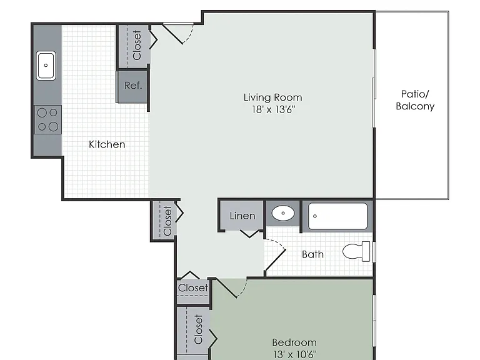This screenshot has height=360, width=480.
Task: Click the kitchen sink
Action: pos(46,66)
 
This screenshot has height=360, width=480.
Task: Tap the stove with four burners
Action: pos(47,120)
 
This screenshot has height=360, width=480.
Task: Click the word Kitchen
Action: pos(107,144)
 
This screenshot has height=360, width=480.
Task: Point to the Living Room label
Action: pos(272,97)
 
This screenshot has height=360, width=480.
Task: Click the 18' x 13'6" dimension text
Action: pos(273,109)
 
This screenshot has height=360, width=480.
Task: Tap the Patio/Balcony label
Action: pos(415,100)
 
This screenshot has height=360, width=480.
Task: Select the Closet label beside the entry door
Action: pos(136,45)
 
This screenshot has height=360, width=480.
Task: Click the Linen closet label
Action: pos(242,216)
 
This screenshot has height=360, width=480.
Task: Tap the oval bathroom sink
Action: pos(283,213)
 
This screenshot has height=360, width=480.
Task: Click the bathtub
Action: pos(337,216)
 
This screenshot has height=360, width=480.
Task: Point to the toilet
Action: pos(356,252)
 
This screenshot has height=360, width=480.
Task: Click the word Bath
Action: pos(312,254)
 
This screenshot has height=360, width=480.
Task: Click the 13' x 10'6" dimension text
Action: pos(295,354)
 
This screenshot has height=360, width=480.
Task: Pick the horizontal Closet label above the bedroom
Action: pos(193,287)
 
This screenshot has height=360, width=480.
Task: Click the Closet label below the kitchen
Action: pos(167,221)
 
